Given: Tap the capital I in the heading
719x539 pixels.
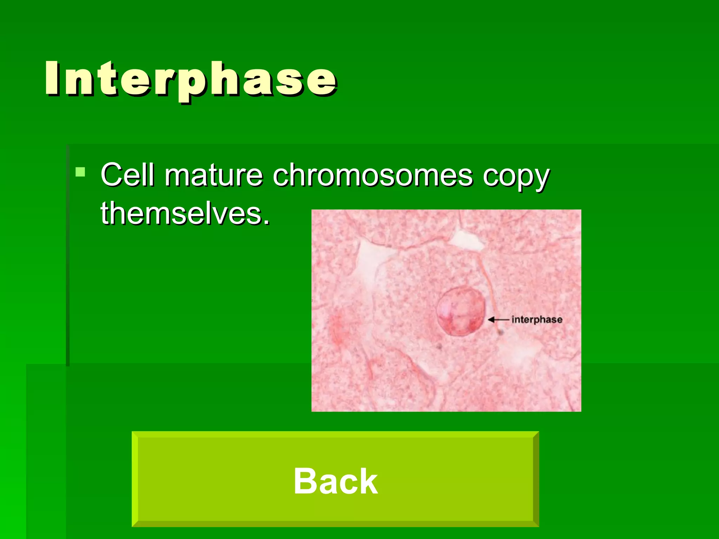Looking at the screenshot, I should pyautogui.click(x=53, y=78).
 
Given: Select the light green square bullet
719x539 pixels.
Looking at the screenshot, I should pyautogui.click(x=80, y=172).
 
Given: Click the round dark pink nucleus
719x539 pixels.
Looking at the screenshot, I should pyautogui.click(x=461, y=312).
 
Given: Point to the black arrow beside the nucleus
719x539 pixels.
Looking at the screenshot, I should pyautogui.click(x=498, y=319).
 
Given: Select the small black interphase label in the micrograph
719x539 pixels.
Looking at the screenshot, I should pyautogui.click(x=537, y=319).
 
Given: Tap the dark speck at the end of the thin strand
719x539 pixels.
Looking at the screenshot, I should pyautogui.click(x=500, y=331).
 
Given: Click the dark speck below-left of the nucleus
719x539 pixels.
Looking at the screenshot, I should pyautogui.click(x=439, y=347).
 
